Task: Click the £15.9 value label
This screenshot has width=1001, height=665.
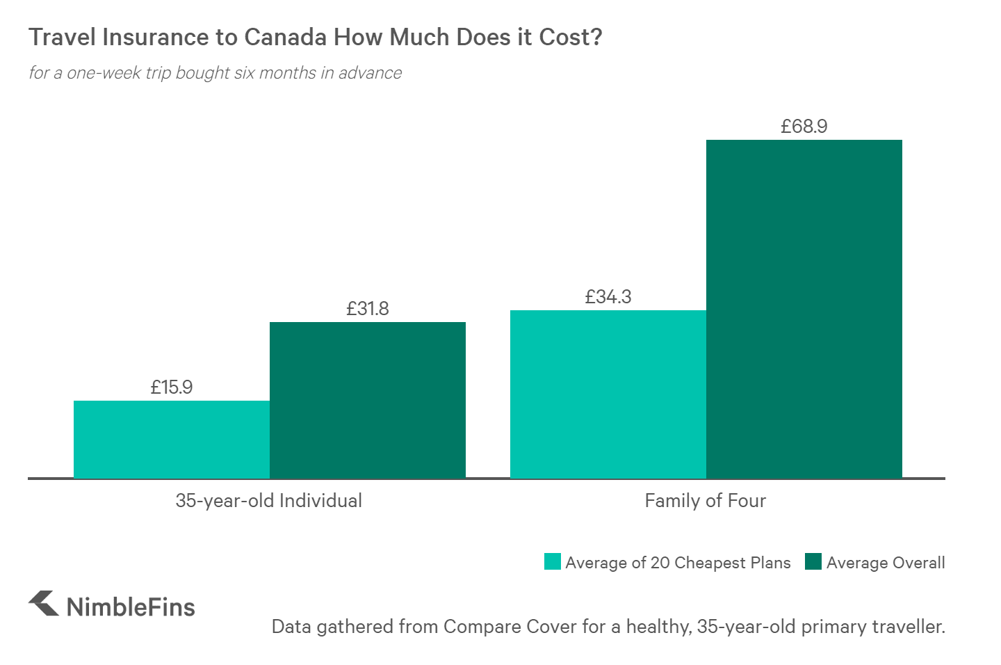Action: point(172,387)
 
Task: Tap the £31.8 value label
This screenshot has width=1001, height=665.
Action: point(368,308)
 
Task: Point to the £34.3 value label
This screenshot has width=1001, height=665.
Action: point(608,297)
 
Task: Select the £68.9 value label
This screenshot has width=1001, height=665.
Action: point(804,127)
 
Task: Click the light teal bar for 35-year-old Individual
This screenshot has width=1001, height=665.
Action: point(172,439)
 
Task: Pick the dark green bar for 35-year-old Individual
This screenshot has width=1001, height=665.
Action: point(368,400)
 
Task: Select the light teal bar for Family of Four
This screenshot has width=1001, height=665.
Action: point(608,394)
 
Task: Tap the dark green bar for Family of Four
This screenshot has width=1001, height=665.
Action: point(804,309)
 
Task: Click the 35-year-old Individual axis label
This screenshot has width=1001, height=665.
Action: point(269,501)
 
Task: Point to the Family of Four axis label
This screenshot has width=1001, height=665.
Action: point(706,501)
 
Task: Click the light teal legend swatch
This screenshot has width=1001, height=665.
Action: point(553,561)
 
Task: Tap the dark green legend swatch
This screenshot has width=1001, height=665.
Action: point(813,561)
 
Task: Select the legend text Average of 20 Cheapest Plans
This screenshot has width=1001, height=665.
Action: point(678,563)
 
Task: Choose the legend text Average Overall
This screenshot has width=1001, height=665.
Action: point(886,563)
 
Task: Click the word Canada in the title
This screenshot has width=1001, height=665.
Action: point(285,37)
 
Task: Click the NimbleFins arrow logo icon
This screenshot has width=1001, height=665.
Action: point(44,603)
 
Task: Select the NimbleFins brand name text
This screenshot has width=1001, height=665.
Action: point(131,607)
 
